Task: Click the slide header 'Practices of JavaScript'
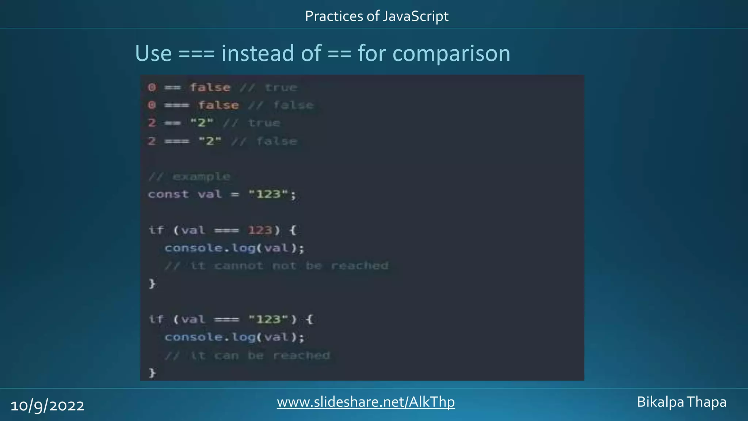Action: (377, 16)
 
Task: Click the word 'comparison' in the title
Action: (451, 54)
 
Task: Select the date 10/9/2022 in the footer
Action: (47, 406)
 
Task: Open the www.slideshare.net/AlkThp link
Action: (366, 402)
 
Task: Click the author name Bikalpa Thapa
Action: (682, 402)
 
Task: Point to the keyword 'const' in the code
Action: (168, 194)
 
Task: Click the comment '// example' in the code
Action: (189, 177)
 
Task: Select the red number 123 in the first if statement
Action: (260, 230)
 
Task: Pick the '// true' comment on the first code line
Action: (268, 88)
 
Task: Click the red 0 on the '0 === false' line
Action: (152, 105)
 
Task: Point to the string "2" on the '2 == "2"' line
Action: (202, 123)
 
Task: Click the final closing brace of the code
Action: (152, 373)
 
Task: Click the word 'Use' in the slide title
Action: (153, 54)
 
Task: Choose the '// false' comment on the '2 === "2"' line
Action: (264, 141)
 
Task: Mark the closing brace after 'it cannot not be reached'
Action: (152, 284)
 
